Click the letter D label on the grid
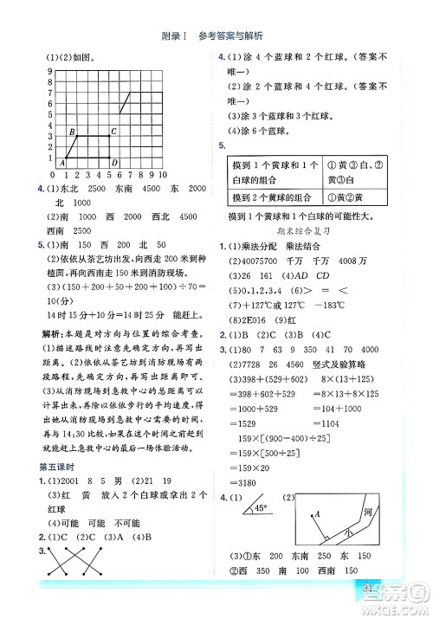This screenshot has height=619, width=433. point(113,162)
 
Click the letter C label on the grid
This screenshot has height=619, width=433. point(114,130)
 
